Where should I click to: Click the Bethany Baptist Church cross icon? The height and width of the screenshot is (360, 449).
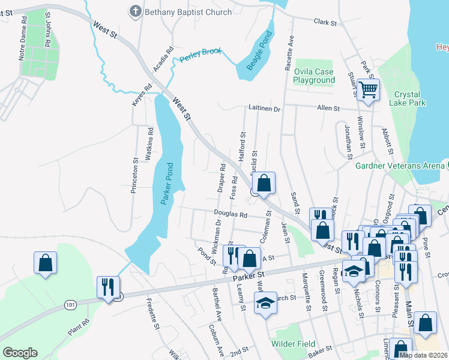[x=135, y=11]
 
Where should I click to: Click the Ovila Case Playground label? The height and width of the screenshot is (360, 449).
[x=313, y=76]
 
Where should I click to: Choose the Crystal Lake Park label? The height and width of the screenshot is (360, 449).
[x=409, y=98]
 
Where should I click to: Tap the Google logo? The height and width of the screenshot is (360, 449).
[x=20, y=353]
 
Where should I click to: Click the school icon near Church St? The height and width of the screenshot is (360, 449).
[x=265, y=303]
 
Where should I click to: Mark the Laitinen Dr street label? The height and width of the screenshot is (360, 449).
[x=265, y=109]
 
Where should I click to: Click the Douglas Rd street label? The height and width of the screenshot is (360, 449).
[x=231, y=214]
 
